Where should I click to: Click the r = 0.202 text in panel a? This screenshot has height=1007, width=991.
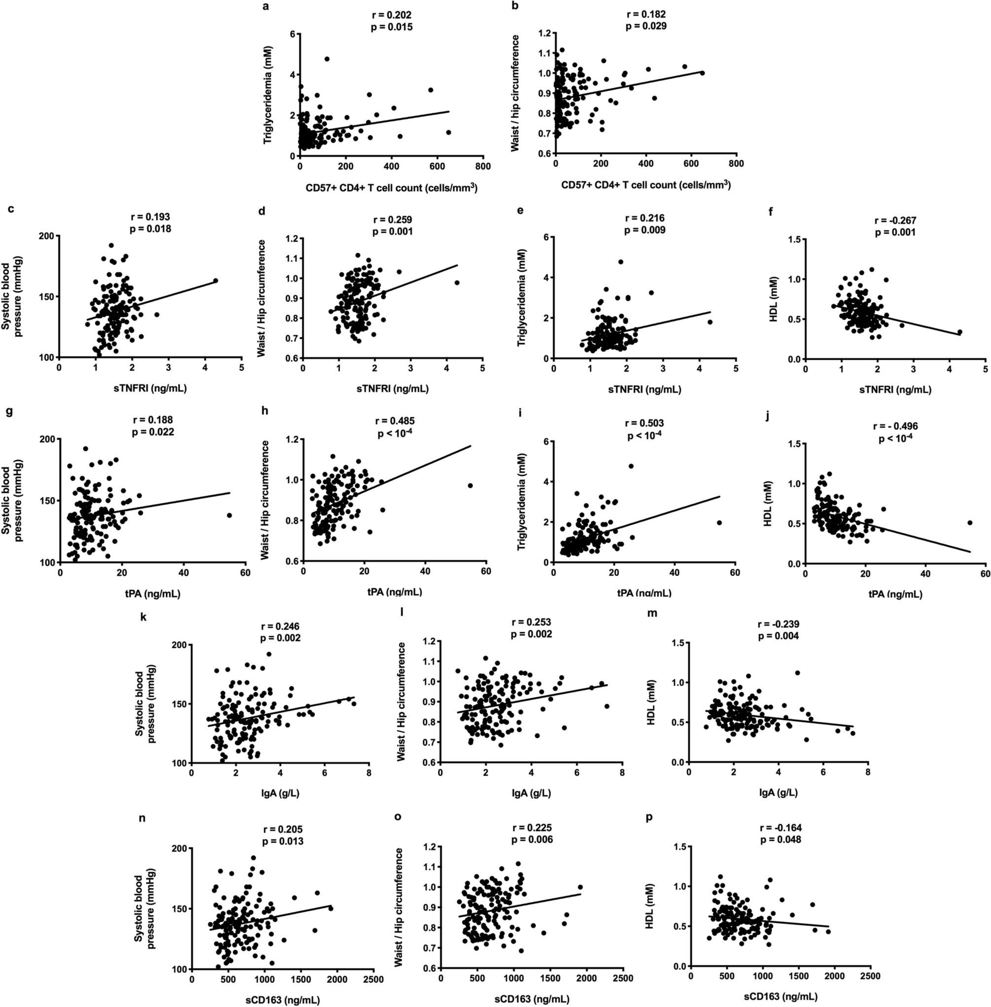390,16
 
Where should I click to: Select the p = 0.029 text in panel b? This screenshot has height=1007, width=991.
645,26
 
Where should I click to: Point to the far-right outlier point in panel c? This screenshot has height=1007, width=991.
215,281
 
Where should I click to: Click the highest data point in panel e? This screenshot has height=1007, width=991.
620,262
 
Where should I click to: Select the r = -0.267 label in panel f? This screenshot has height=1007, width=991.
895,221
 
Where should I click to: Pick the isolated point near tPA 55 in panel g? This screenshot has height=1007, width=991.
229,515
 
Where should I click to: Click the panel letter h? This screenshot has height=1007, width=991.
264,411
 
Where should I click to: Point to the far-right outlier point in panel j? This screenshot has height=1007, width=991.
970,523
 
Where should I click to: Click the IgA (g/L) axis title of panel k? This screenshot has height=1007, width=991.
280,793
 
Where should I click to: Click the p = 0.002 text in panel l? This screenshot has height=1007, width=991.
531,634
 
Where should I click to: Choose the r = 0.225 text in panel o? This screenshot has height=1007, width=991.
531,828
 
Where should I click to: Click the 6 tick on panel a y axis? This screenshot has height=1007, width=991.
292,34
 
